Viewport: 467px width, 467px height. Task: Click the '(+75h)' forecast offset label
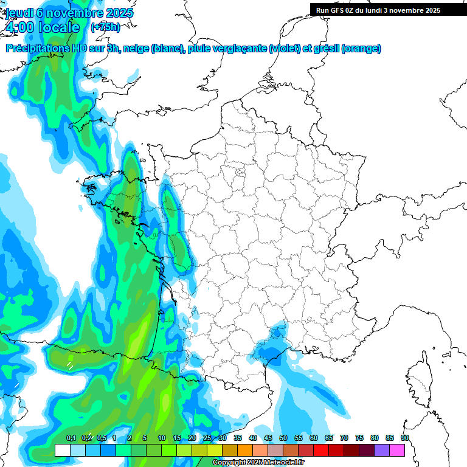coord(105,27)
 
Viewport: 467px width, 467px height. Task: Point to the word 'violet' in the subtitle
coord(284,49)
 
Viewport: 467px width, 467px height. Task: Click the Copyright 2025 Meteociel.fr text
coord(257,463)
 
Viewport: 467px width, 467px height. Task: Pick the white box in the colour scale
coord(62,450)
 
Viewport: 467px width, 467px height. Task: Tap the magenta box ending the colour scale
coord(397,450)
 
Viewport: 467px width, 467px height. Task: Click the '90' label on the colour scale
coord(404,438)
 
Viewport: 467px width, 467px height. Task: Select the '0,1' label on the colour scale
coord(71,438)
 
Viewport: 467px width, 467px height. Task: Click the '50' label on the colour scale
coord(283,438)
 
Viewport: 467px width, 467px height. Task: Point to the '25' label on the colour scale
coord(207,438)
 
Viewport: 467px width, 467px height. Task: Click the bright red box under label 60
coord(321,450)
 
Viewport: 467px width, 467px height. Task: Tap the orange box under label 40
coord(245,450)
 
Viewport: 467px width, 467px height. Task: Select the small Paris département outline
coord(240,173)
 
